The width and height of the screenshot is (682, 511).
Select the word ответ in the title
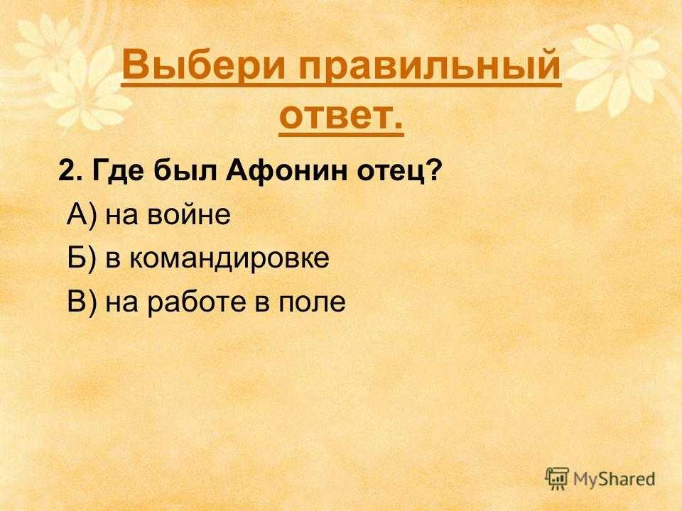335,116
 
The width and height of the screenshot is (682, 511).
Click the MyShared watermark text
614,480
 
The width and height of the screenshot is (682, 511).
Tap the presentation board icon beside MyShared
557,478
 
